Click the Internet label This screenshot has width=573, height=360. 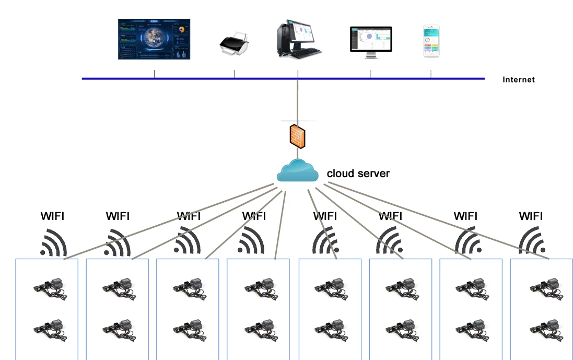(x=518, y=80)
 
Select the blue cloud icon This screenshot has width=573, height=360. (x=297, y=171)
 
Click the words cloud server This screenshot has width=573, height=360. (x=358, y=173)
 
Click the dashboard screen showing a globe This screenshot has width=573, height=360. (x=154, y=39)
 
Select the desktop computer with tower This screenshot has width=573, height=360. (x=298, y=39)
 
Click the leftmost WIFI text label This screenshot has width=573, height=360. (x=53, y=216)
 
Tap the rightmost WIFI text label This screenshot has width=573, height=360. (x=531, y=216)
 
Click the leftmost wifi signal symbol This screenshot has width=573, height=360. (x=54, y=241)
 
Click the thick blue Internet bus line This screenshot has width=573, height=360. (x=209, y=79)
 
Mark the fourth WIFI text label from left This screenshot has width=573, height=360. (x=254, y=216)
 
